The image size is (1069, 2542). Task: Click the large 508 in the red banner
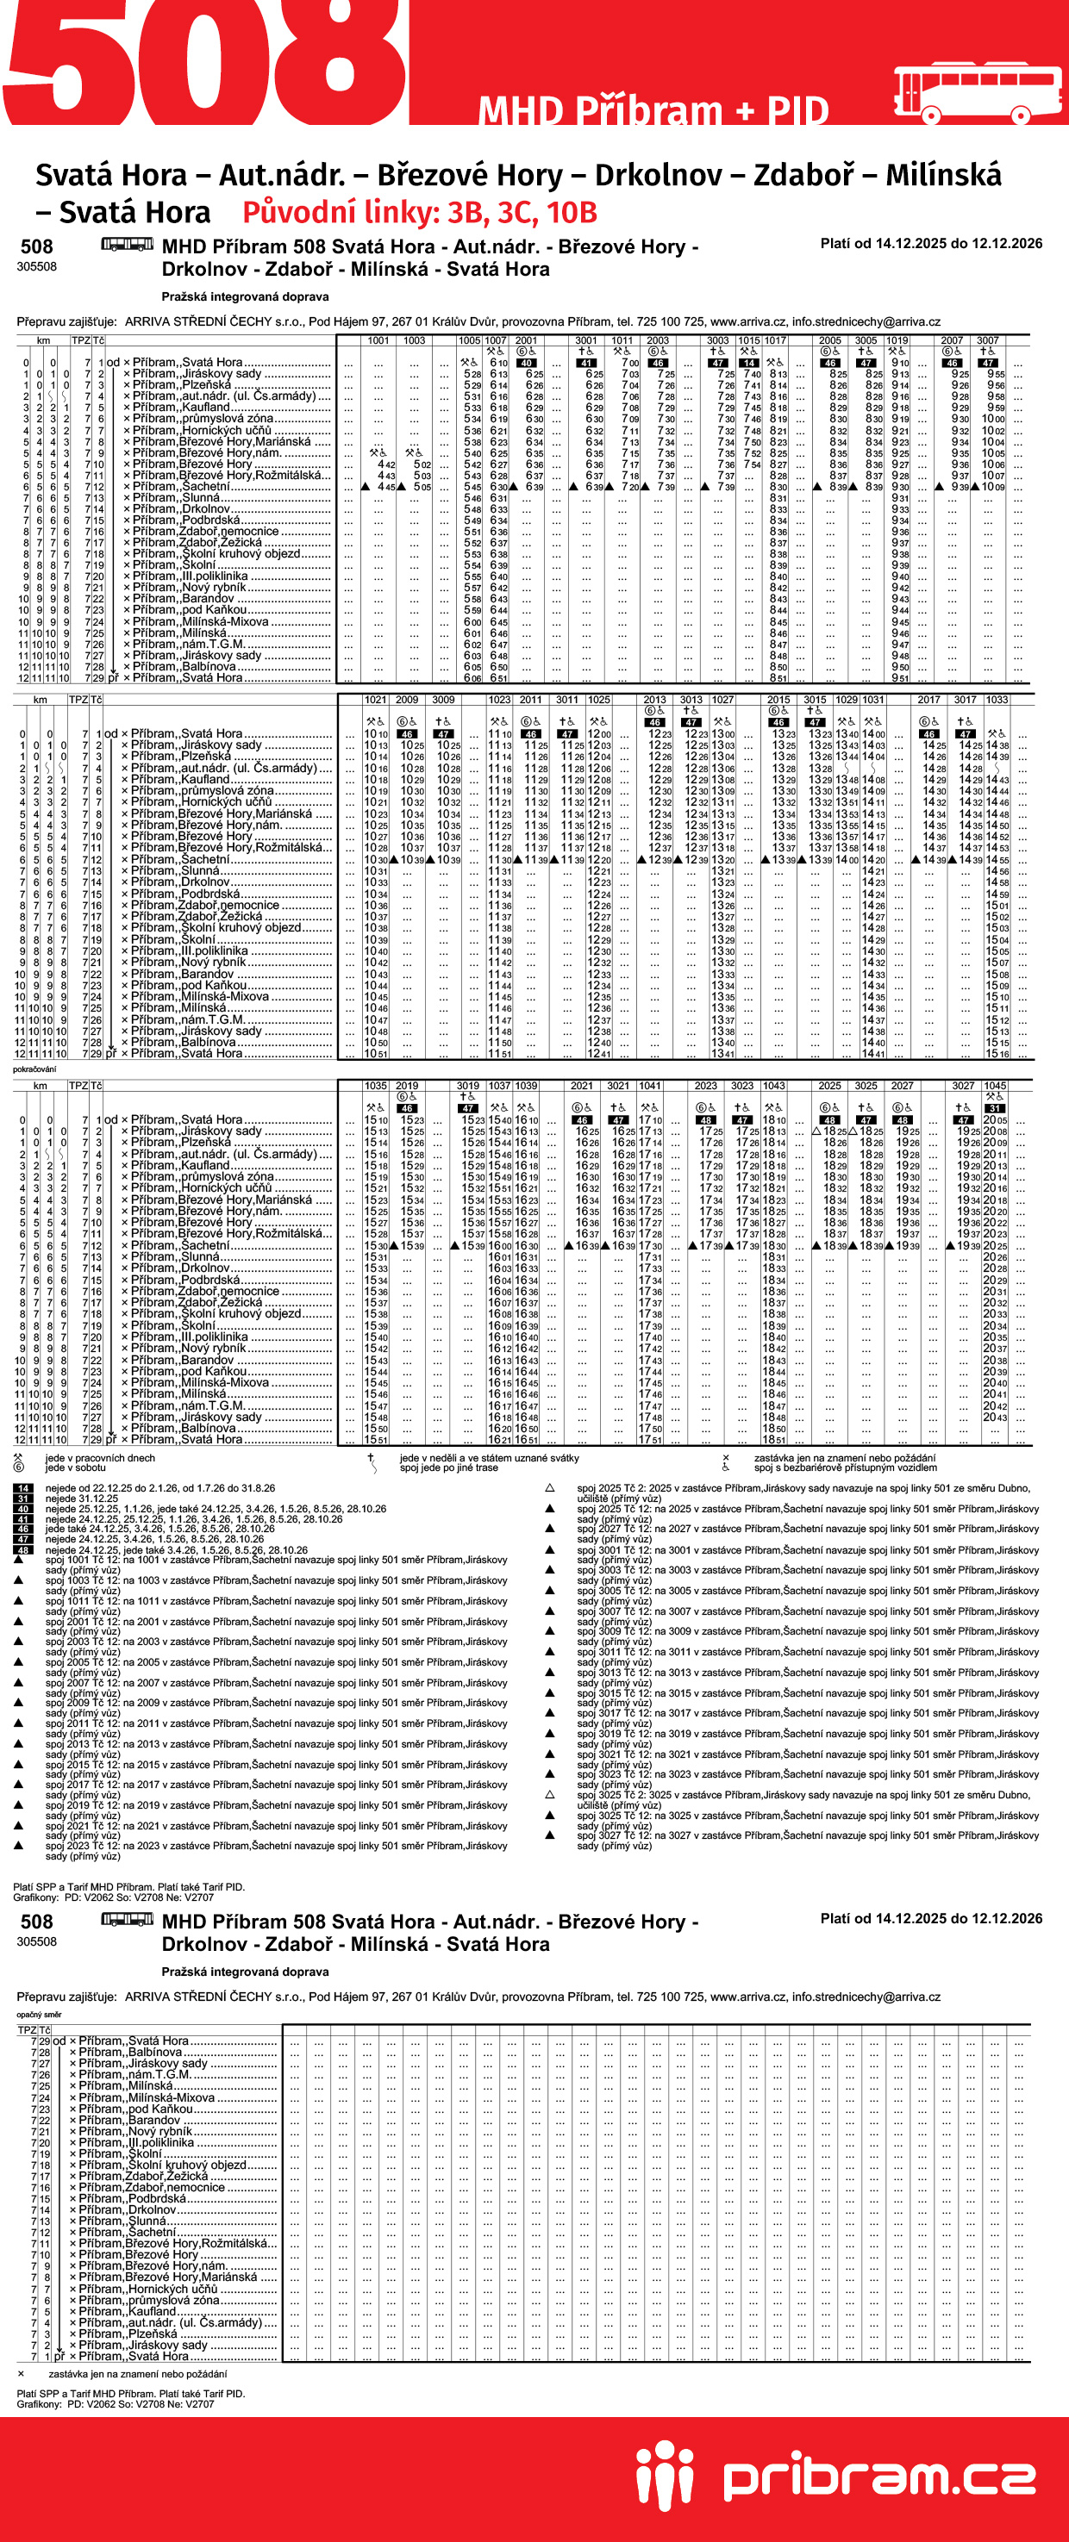tap(203, 64)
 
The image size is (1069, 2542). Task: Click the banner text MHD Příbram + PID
tap(653, 110)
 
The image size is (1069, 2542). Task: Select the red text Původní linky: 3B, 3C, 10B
tap(420, 212)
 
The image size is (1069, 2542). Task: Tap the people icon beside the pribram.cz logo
tap(665, 2474)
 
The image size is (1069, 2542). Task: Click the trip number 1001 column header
tap(378, 340)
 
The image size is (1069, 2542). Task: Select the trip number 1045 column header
tap(995, 1086)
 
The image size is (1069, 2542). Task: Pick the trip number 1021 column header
tap(376, 700)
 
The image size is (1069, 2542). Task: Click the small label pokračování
tap(34, 1069)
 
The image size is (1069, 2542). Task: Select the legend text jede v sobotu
tap(75, 1467)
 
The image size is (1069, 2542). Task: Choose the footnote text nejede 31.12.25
tap(82, 1498)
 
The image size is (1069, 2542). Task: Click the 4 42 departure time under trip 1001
tap(386, 464)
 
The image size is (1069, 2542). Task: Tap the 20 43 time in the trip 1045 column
tap(995, 1417)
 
